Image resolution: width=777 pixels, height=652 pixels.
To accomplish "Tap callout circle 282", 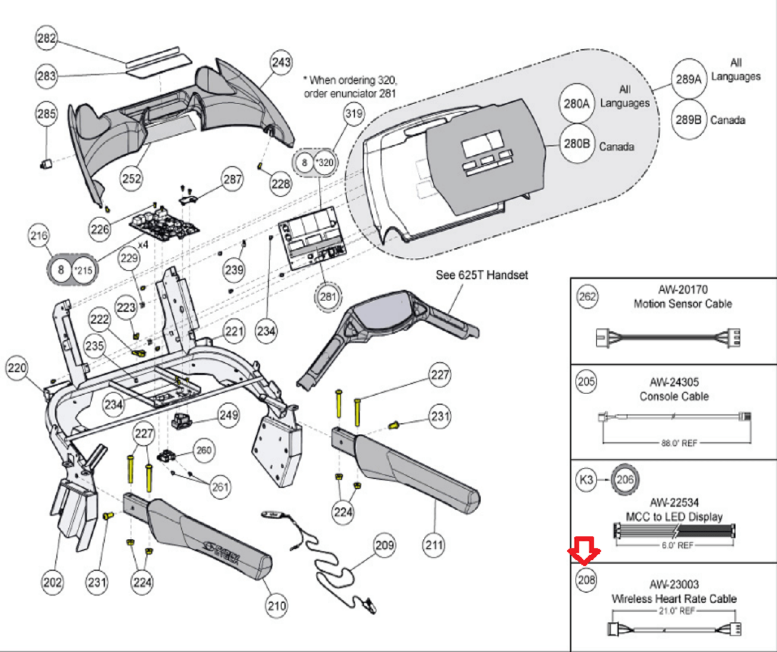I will coord(47,39).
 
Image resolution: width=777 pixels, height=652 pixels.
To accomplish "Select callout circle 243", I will coord(281,62).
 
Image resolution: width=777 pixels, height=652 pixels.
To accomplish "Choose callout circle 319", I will coord(353,114).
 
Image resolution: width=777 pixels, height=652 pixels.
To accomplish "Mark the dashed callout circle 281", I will coord(327,297).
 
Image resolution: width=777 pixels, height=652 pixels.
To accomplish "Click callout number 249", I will coord(229,414).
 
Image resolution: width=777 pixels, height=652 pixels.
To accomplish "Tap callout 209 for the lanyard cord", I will coord(384,544).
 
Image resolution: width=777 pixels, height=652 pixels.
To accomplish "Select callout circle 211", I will coord(434,544).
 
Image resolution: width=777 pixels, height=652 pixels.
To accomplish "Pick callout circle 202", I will coord(52,582).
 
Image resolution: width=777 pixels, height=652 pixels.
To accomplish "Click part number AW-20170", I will coord(682,290).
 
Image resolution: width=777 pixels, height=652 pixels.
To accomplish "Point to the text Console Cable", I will coord(674,397).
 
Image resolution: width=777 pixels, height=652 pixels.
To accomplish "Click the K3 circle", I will coord(586,480).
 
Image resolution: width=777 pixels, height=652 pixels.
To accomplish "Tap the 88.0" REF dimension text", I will coord(679,443).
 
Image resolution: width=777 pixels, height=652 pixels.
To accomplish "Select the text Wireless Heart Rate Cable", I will coord(674,599).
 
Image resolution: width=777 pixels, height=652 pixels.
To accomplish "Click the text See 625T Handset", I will coord(481,275).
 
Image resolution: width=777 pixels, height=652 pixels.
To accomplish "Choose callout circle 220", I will coord(17,369).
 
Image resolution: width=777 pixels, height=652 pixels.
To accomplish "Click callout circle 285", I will coord(47,114).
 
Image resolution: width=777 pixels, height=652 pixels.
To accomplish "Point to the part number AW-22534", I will coord(674,503).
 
